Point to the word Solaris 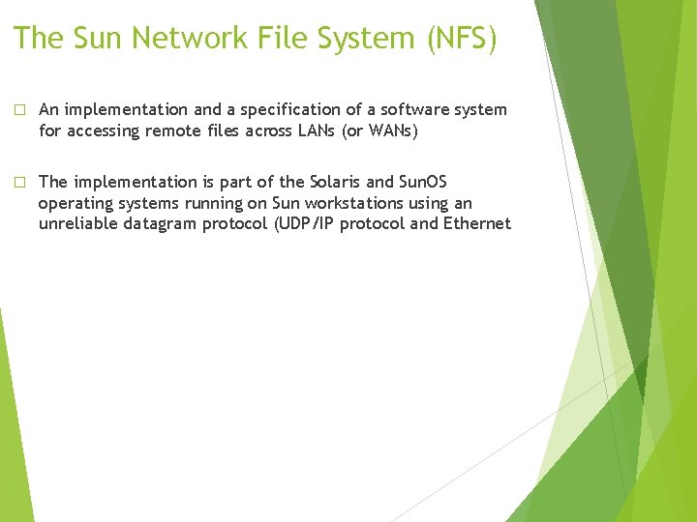(339, 182)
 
